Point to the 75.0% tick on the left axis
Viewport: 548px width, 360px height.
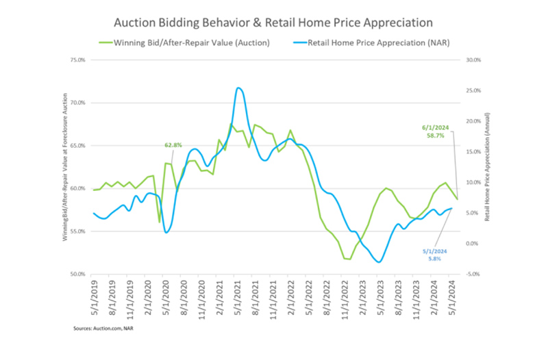tap(77, 60)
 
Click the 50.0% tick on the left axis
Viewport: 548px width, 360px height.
tap(77, 274)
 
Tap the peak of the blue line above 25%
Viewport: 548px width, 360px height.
tap(238, 88)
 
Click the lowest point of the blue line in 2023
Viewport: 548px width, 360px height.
tap(379, 261)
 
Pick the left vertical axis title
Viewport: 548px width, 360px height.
tap(66, 168)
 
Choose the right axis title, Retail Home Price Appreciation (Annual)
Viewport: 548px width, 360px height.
tap(487, 168)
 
